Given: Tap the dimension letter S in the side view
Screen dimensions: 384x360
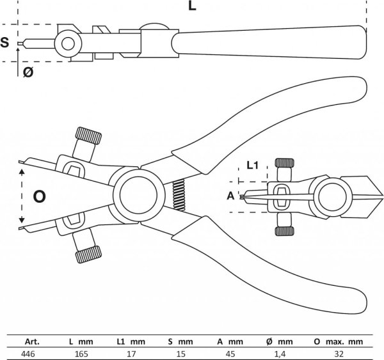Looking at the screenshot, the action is click(x=4, y=42).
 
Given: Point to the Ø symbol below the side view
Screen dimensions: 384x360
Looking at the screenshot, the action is click(x=28, y=72).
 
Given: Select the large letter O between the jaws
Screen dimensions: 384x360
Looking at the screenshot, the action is click(x=39, y=196).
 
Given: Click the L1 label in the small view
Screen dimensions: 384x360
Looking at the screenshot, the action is click(x=253, y=166).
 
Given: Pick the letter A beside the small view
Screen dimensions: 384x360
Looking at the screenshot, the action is click(x=230, y=196).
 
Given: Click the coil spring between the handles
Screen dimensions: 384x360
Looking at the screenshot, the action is click(x=179, y=195).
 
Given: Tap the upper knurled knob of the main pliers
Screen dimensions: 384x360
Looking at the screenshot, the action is click(x=89, y=136).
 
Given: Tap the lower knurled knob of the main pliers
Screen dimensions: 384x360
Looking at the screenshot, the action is click(x=88, y=254).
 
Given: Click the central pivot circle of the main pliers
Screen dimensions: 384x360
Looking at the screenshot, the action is click(x=138, y=195).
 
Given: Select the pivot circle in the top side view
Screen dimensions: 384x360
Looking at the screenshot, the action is click(x=68, y=44).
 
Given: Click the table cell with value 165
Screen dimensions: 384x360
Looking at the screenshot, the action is click(x=81, y=354).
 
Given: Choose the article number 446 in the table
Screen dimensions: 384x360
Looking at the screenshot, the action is click(x=28, y=354).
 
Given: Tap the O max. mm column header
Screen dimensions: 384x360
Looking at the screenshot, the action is click(x=339, y=341).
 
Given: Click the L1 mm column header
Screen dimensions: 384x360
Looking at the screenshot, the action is click(x=131, y=341).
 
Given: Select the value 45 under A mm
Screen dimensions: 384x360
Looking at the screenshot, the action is click(x=230, y=354).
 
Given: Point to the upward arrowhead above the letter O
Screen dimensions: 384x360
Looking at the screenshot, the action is click(x=22, y=171).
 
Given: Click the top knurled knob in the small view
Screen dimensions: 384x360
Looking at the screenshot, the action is click(x=284, y=163).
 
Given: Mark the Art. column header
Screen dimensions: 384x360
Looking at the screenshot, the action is click(x=32, y=341).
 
